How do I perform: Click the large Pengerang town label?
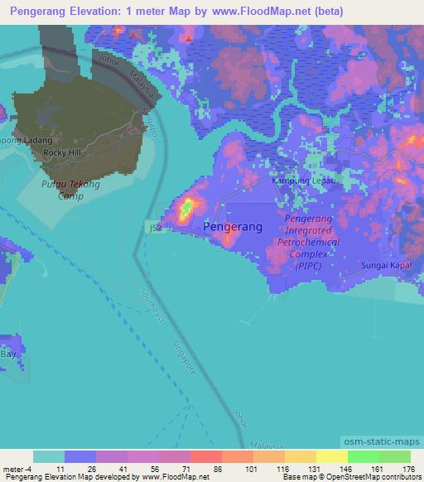(232, 226)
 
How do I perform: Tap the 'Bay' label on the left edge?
(8, 354)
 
